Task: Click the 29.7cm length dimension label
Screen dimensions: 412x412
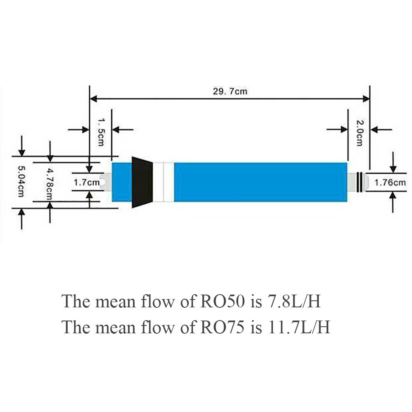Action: click(x=230, y=91)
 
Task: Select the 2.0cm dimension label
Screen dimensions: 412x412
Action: click(x=359, y=133)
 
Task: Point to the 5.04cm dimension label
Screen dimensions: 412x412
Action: click(x=21, y=181)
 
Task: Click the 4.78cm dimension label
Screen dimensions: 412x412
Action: click(x=49, y=184)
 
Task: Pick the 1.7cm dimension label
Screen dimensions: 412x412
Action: click(x=87, y=182)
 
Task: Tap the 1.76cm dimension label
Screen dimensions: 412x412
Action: click(x=390, y=182)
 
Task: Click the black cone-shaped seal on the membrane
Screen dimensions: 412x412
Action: click(x=142, y=182)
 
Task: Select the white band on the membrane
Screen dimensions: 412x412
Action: click(x=164, y=182)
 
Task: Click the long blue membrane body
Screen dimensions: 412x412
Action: click(x=260, y=182)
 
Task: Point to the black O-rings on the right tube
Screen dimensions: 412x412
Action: click(x=360, y=182)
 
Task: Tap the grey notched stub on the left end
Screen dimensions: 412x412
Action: click(x=108, y=182)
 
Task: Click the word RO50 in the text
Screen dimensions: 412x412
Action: click(x=222, y=301)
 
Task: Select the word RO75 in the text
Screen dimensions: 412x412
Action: click(x=222, y=327)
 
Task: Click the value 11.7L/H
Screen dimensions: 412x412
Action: click(x=299, y=327)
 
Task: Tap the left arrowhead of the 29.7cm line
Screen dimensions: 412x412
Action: click(x=93, y=99)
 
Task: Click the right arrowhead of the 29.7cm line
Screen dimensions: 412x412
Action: click(x=366, y=99)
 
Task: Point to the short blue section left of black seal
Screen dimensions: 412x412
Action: click(x=122, y=182)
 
